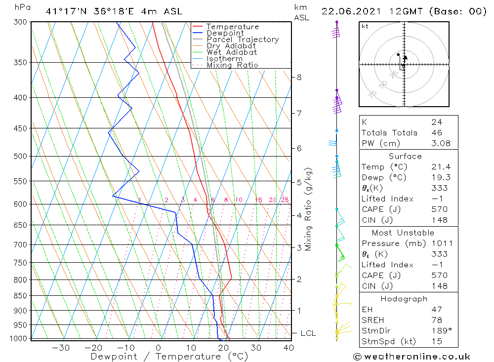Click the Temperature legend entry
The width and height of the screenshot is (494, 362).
(x=232, y=27)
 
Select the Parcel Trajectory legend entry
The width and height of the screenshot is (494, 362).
(x=243, y=40)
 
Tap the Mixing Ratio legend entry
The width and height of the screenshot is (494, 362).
(x=232, y=65)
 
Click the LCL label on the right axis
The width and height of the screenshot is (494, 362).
(x=308, y=333)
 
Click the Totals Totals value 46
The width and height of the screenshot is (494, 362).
(x=437, y=132)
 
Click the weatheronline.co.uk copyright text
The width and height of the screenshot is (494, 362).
(x=412, y=356)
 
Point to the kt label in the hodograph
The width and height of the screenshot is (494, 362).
(x=365, y=26)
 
